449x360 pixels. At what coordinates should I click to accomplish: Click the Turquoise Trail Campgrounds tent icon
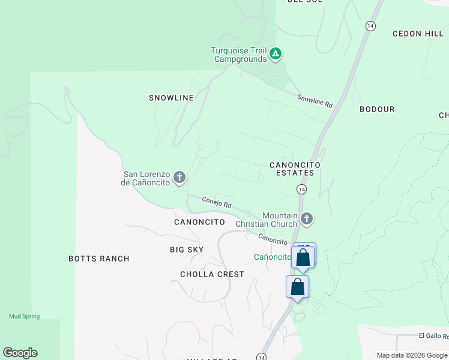point(276,55)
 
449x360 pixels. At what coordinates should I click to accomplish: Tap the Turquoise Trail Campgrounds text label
point(240,55)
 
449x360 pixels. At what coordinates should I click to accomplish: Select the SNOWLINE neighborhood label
point(172,98)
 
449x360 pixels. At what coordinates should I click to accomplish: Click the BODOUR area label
point(377,109)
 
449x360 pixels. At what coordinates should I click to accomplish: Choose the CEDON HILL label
point(418,34)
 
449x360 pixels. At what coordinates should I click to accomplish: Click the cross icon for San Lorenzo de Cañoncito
point(179,177)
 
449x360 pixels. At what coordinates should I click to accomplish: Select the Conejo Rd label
point(217,203)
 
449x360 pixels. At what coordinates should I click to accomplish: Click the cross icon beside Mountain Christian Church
point(307,219)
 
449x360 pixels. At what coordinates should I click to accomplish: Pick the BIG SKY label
point(187,250)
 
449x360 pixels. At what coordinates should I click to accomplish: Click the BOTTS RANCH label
point(99,259)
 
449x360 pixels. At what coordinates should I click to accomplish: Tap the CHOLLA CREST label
point(212,274)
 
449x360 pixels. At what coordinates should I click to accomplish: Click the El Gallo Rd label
point(433,336)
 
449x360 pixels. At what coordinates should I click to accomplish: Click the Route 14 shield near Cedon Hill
point(370,26)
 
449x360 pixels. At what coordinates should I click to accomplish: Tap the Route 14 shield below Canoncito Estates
point(301,190)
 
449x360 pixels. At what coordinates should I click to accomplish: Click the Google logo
point(20,353)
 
